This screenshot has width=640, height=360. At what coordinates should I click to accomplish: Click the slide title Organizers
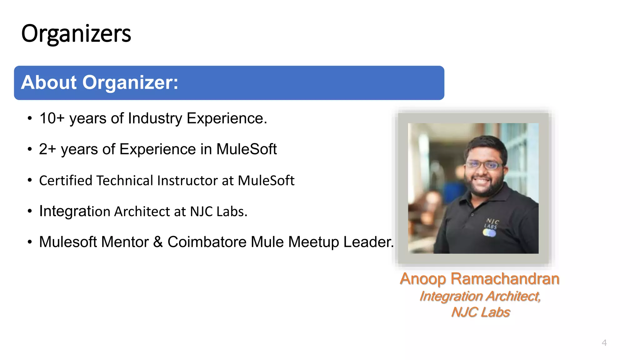coord(76,34)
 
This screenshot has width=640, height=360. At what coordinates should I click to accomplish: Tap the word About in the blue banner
coord(49,82)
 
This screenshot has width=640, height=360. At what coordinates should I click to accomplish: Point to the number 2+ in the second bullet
coord(47,149)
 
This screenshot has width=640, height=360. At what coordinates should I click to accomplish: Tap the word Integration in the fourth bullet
coord(75,211)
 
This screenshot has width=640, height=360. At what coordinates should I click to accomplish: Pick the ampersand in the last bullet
coord(158,242)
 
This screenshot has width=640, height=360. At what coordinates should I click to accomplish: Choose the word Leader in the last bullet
coord(368,242)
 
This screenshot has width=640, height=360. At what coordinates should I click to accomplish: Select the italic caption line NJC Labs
coord(480,312)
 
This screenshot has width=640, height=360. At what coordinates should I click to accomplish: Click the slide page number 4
coord(604,343)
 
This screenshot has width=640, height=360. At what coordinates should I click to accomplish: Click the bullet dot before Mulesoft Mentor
coord(30,242)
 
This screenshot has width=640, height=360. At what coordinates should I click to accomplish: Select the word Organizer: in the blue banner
coord(130,82)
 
